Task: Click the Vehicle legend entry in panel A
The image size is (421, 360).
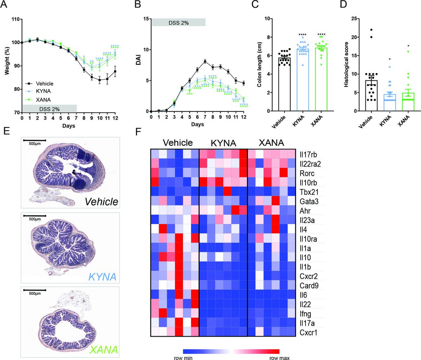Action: click(44, 84)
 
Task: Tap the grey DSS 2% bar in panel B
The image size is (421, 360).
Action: click(178, 23)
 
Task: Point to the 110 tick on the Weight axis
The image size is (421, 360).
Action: click(15, 19)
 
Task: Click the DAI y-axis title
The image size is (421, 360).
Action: click(138, 65)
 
